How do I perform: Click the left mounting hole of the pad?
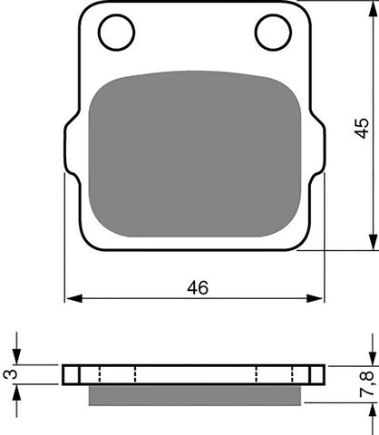point(116,33)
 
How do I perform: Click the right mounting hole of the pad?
point(273,33)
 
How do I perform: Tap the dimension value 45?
point(362,128)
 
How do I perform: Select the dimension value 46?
point(198,287)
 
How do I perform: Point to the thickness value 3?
point(10,374)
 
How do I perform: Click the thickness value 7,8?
point(366,384)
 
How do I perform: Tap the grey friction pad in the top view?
point(195,154)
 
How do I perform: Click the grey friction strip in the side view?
point(195,395)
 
